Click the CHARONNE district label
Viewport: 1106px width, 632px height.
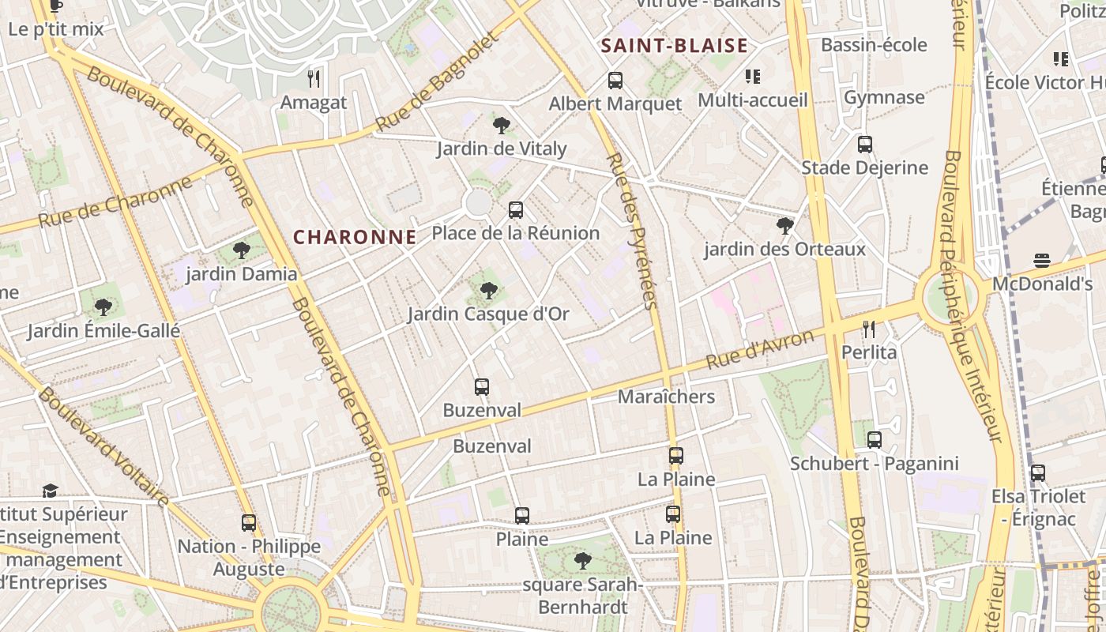[355, 237]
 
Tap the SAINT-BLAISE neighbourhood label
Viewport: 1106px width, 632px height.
[674, 46]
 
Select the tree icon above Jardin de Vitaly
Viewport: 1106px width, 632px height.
[501, 125]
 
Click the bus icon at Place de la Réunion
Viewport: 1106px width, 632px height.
[516, 210]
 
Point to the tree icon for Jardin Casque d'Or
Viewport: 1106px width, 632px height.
[489, 290]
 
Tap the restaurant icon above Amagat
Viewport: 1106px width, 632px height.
[314, 79]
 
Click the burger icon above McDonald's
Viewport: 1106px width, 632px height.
[1041, 261]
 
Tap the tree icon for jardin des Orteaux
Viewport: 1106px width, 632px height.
[784, 226]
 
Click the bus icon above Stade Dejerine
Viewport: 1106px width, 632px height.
[865, 145]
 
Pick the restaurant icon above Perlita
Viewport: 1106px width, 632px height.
[869, 329]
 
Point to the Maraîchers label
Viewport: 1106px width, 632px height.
[666, 397]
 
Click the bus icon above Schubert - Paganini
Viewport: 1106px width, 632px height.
[874, 440]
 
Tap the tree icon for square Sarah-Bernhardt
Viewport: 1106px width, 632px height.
[583, 561]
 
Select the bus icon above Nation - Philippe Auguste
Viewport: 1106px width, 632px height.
[249, 523]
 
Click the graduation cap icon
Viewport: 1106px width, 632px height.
[50, 491]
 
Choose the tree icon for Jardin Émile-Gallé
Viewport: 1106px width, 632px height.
[103, 307]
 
